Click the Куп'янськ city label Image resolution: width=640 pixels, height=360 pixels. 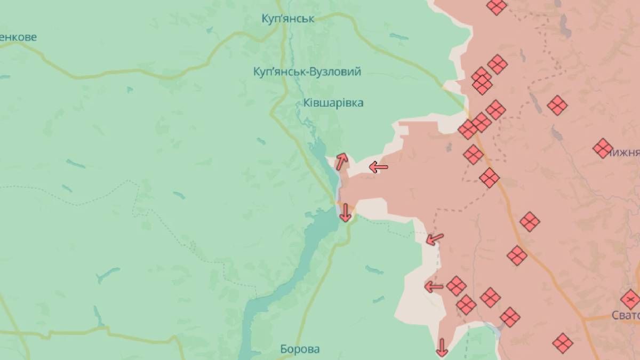288,19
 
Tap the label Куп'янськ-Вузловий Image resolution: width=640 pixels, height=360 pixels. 308,71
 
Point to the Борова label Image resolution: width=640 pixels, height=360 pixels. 300,349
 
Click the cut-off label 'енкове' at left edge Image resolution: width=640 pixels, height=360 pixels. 18,37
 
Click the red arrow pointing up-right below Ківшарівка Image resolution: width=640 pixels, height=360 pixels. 341,161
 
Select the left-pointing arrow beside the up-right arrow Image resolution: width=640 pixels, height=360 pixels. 379,167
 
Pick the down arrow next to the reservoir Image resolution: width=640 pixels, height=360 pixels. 345,212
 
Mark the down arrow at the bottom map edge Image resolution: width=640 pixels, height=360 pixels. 442,347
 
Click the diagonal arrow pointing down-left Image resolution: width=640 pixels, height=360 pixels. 435,238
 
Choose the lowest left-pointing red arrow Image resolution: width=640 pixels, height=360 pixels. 434,287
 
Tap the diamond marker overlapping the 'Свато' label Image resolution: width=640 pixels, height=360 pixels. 630,300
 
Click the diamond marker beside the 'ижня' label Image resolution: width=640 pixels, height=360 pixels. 603,148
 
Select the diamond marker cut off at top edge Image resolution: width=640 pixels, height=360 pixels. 497,6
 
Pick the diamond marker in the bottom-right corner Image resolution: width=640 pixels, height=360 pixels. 563,343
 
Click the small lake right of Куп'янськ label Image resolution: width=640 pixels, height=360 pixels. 399,37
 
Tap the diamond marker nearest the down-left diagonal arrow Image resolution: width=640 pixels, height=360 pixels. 457,286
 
